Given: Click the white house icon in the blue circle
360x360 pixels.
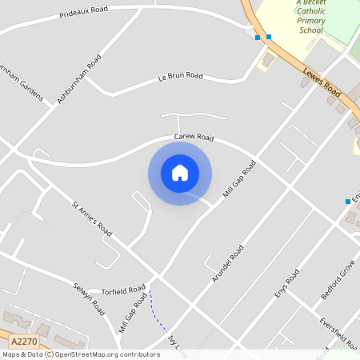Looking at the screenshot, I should coord(180,174).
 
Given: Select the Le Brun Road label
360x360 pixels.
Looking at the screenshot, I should coord(181,77).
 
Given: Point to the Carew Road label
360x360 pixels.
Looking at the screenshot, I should coord(194,138).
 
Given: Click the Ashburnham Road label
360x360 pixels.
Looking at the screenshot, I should coord(78,79).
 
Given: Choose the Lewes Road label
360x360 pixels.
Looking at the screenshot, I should coord(322,82).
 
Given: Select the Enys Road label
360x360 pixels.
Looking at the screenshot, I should coord(286,283).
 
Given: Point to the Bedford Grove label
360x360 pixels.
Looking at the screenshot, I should coord(338,284).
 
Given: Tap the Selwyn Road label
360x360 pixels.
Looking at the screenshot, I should coord(89,297).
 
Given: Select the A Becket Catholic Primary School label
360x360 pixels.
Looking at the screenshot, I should coord(310,16).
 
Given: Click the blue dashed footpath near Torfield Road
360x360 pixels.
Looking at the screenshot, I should coord(157,314).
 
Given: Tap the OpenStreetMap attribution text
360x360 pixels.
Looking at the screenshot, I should coord(80,354).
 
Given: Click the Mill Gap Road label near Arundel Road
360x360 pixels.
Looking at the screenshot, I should coord(240,182).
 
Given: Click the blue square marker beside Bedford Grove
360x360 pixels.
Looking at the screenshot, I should coord(348,201).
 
